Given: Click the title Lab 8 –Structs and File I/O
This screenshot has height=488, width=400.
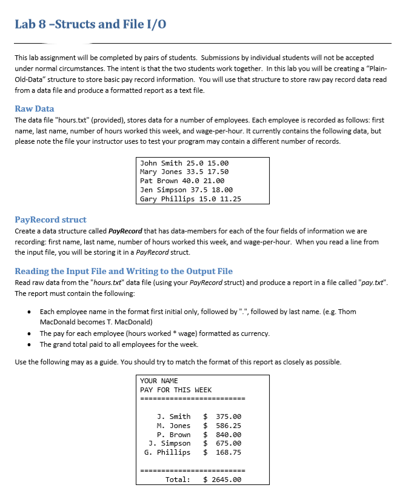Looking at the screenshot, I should pyautogui.click(x=90, y=24).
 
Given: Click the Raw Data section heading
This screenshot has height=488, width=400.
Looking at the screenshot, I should pyautogui.click(x=35, y=109).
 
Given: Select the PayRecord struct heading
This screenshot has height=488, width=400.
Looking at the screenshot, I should pyautogui.click(x=50, y=219).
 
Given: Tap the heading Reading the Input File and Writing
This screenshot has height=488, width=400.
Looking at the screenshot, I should pyautogui.click(x=124, y=271).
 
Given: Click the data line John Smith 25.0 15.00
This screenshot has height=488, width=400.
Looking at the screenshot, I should pyautogui.click(x=184, y=163).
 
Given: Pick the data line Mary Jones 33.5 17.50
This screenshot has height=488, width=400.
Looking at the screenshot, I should pyautogui.click(x=184, y=172).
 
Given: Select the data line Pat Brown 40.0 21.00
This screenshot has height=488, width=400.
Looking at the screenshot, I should pyautogui.click(x=182, y=181).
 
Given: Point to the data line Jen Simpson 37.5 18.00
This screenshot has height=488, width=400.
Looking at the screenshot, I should pyautogui.click(x=186, y=190).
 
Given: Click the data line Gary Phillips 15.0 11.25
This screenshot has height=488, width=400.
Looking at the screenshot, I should pyautogui.click(x=190, y=199).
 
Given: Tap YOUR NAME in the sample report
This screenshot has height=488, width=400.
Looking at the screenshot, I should pyautogui.click(x=159, y=381).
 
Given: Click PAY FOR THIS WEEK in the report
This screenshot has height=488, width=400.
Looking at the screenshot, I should pyautogui.click(x=176, y=390).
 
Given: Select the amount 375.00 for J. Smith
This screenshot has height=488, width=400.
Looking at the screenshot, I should pyautogui.click(x=228, y=416).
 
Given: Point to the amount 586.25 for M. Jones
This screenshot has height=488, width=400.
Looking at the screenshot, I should pyautogui.click(x=228, y=426).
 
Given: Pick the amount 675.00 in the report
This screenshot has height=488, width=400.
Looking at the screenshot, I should pyautogui.click(x=228, y=443).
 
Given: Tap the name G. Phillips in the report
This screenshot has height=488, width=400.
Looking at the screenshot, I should pyautogui.click(x=167, y=452).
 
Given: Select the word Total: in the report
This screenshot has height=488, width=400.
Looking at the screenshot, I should pyautogui.click(x=178, y=480).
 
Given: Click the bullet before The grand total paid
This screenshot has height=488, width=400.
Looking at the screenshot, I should pyautogui.click(x=30, y=344).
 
